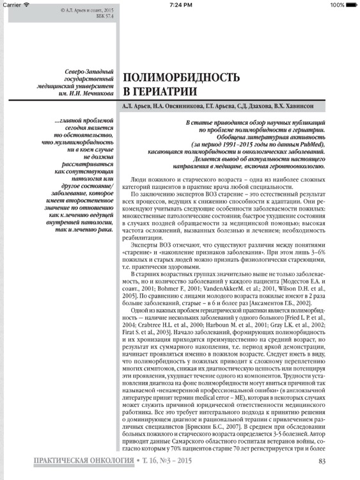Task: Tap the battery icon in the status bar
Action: tap(350, 4)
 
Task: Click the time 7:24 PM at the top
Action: tap(180, 4)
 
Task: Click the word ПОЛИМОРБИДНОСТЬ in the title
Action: tap(181, 78)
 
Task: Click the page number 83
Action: tap(322, 461)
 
